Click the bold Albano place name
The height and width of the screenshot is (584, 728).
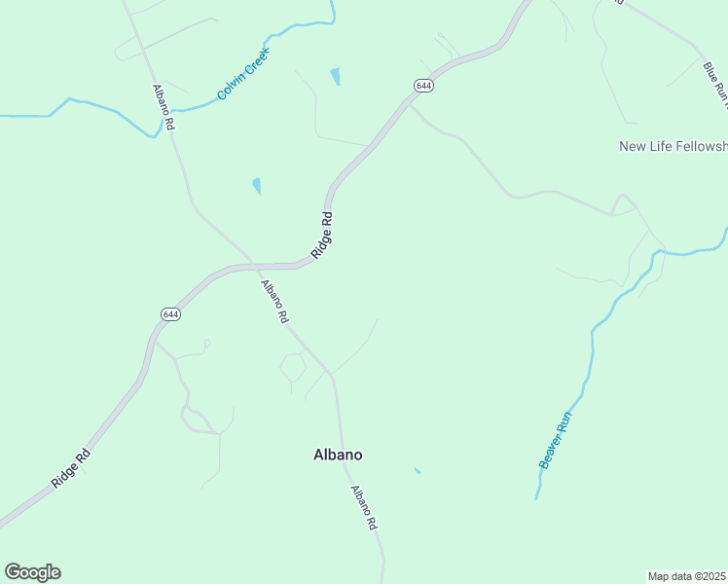(338, 455)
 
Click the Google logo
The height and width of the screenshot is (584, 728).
(32, 572)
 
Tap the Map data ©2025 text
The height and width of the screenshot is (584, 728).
(687, 576)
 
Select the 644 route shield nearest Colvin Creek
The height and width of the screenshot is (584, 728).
(422, 86)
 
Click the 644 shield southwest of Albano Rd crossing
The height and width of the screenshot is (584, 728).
(170, 313)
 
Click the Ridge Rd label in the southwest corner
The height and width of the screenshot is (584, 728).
(71, 469)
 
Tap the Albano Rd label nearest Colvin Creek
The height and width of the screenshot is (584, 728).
(163, 107)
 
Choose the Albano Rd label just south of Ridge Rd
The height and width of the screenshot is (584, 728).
(274, 302)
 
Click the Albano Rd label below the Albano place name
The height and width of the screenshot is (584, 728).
(363, 507)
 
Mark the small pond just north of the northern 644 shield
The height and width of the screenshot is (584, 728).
(336, 76)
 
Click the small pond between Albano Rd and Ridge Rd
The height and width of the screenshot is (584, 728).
(257, 185)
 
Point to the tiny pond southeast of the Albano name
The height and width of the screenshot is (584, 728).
(418, 471)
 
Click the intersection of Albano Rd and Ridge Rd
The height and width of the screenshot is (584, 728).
(250, 265)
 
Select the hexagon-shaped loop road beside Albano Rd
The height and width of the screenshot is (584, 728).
(293, 367)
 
